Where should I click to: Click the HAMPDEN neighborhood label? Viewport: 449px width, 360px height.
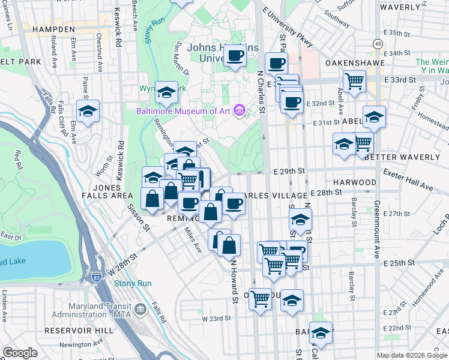coord(53,29)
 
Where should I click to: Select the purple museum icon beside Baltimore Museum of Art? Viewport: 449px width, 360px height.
coord(240,110)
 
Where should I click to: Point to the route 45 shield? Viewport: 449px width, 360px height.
coord(377,44)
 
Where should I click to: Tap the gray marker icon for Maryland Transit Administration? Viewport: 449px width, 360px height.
coord(140,309)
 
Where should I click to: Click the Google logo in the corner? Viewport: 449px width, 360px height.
coord(20,353)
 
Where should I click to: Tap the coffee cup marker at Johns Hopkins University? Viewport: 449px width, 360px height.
coord(235,57)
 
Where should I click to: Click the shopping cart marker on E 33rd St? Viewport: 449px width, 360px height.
coord(355,80)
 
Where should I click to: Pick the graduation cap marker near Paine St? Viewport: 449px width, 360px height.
coord(88,111)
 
